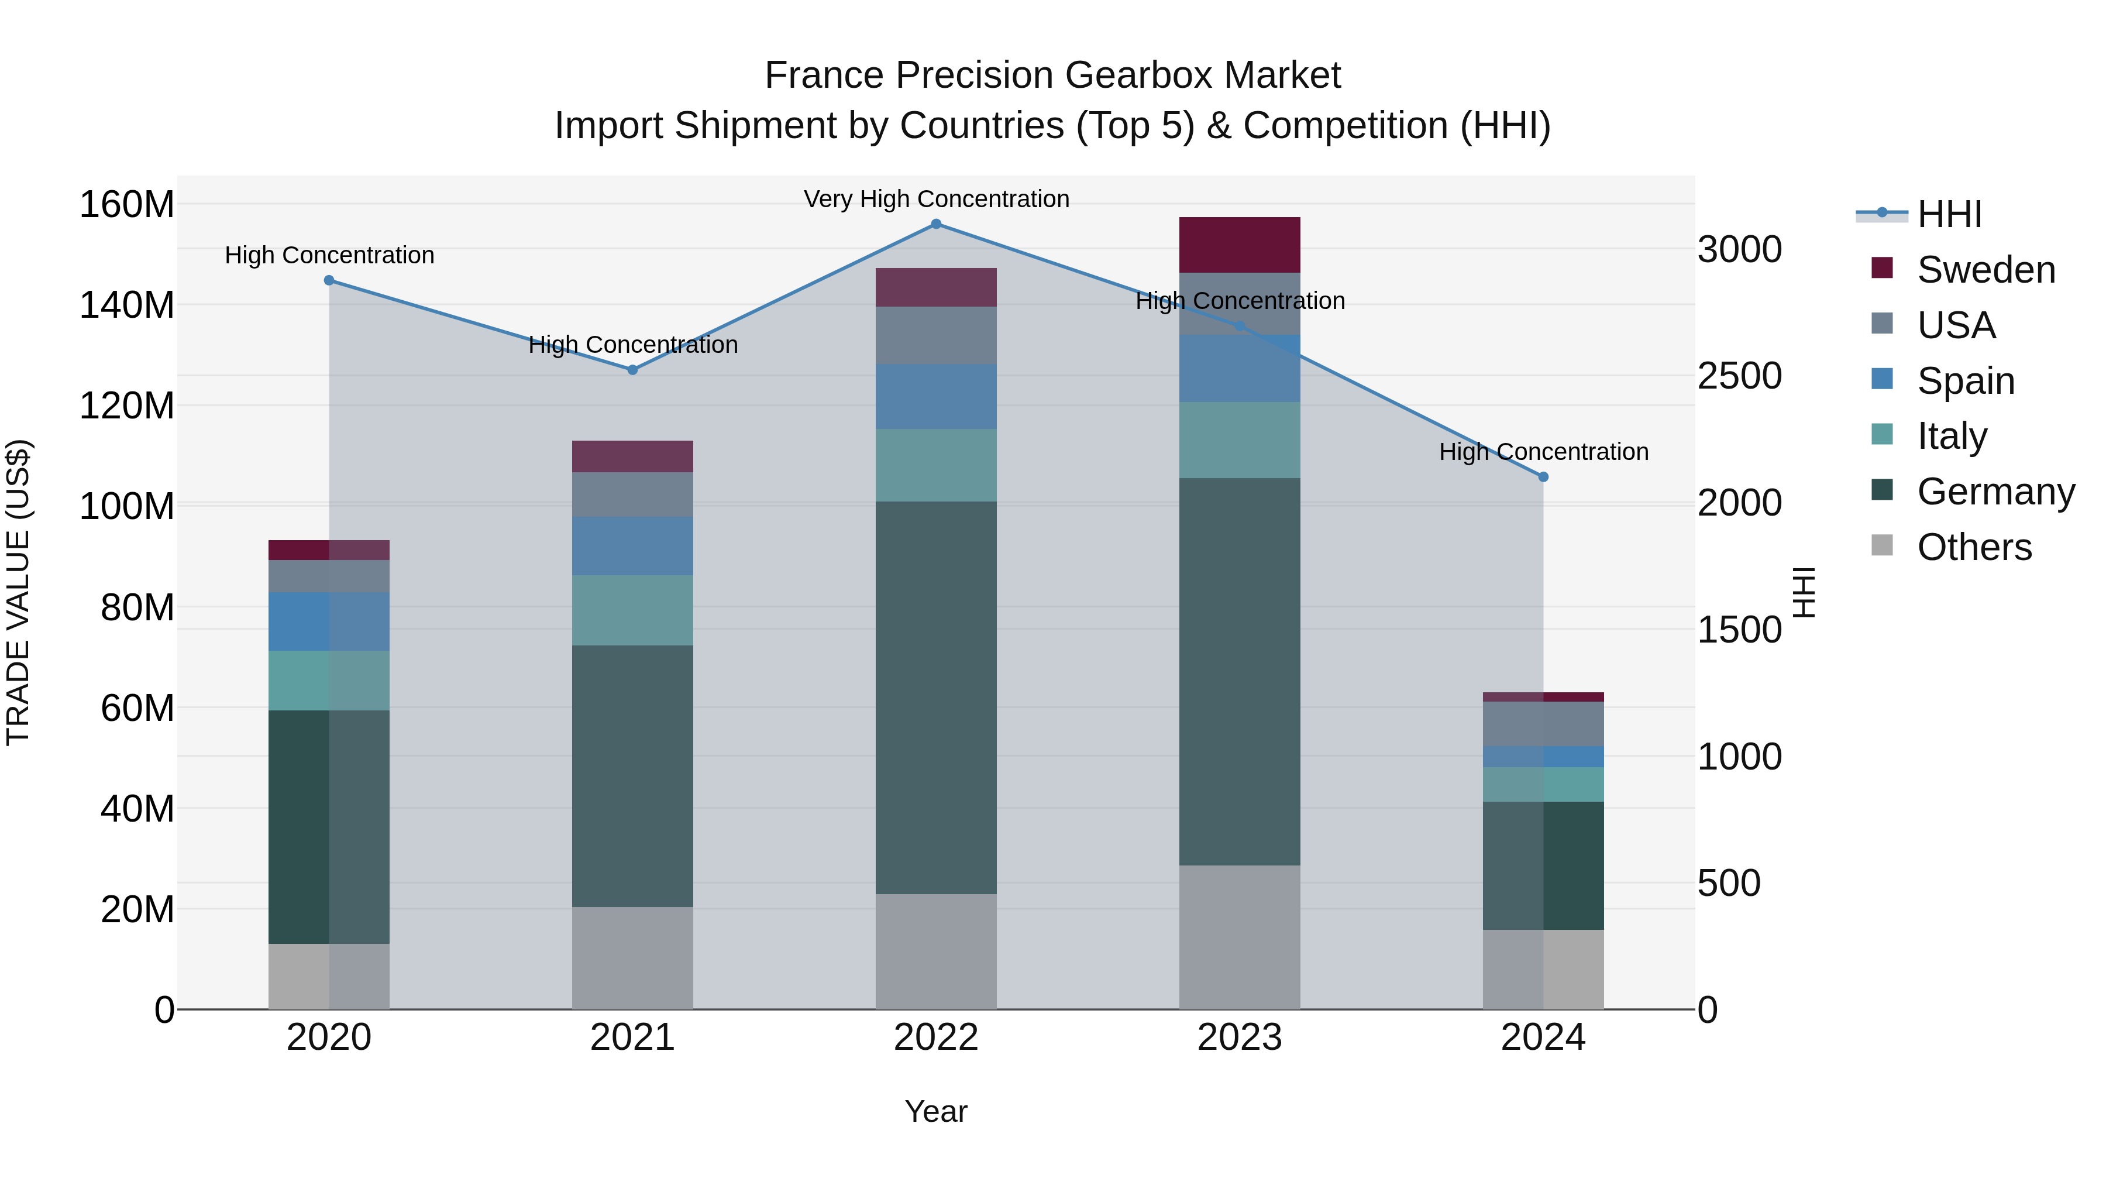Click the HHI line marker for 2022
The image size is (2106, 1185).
pyautogui.click(x=936, y=224)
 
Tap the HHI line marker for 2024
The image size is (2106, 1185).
pyautogui.click(x=1543, y=477)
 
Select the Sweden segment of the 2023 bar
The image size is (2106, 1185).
pyautogui.click(x=1240, y=245)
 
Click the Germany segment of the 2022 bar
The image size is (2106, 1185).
pyautogui.click(x=936, y=697)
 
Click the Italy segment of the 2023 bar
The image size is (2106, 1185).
pyautogui.click(x=1240, y=440)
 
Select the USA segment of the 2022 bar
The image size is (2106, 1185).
pyautogui.click(x=936, y=335)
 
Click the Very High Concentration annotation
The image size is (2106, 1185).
pyautogui.click(x=936, y=200)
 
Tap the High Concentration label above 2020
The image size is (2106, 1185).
pyautogui.click(x=329, y=255)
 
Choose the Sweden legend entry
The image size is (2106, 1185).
pyautogui.click(x=1985, y=270)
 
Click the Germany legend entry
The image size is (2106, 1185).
pyautogui.click(x=1995, y=492)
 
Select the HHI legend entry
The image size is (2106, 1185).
pyautogui.click(x=1949, y=214)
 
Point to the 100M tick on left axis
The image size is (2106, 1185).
pyautogui.click(x=127, y=506)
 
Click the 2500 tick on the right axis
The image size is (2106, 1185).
pyautogui.click(x=1739, y=376)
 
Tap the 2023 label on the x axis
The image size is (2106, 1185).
pyautogui.click(x=1240, y=1038)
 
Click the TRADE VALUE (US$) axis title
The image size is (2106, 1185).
pyautogui.click(x=18, y=592)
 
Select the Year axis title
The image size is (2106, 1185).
pyautogui.click(x=936, y=1111)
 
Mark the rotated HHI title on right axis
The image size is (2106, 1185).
pyautogui.click(x=1804, y=592)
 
